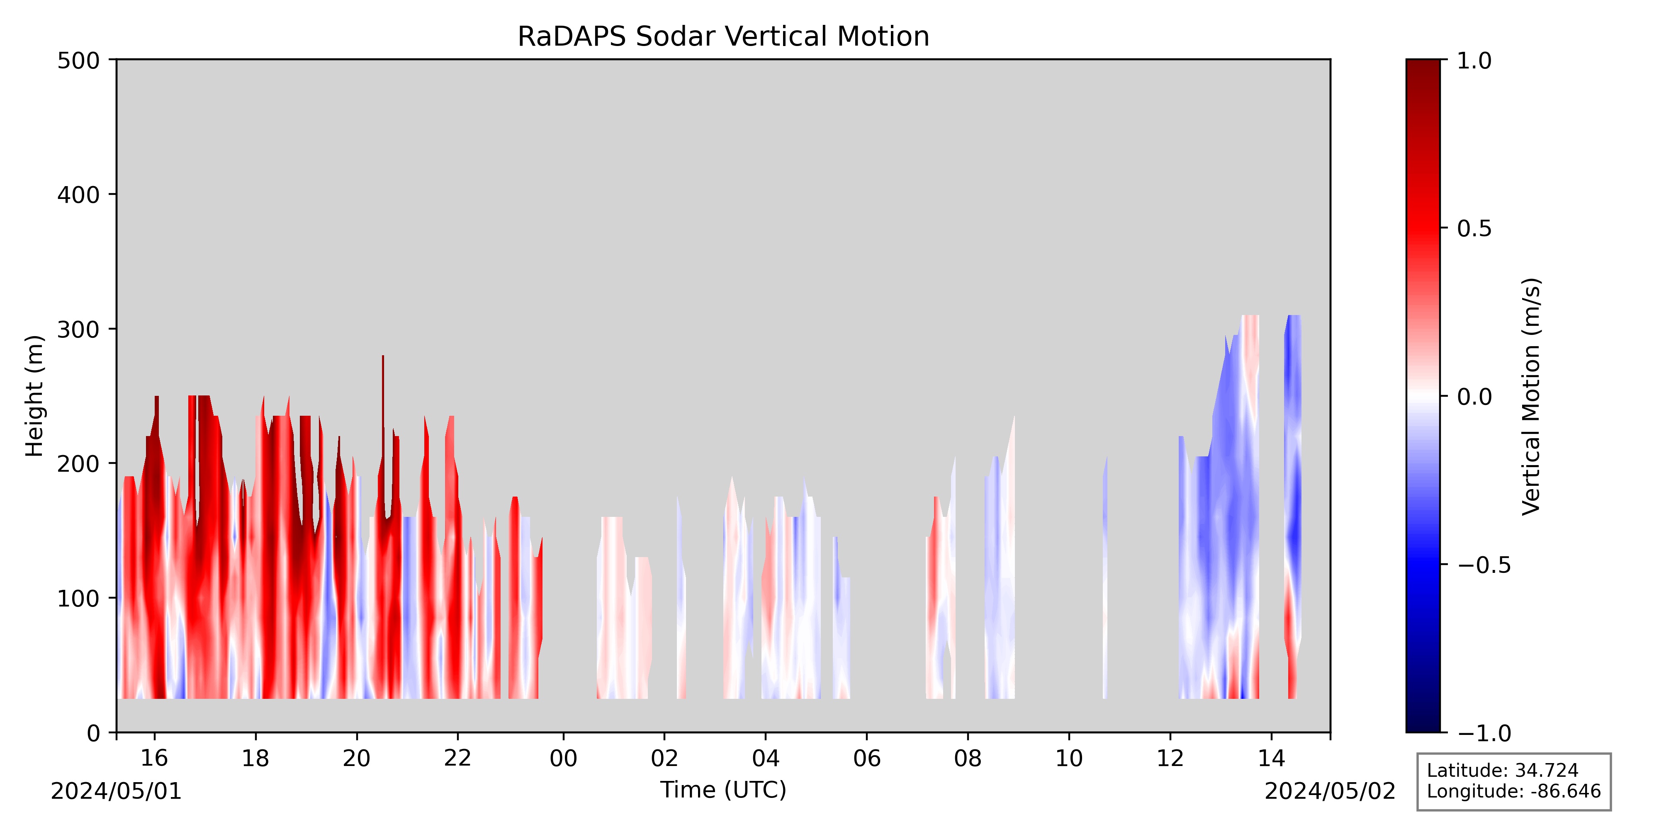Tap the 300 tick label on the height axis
[78, 330]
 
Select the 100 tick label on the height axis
[78, 599]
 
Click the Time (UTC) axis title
[723, 790]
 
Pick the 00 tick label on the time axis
[564, 758]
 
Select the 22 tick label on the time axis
[458, 758]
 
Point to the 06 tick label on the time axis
[867, 758]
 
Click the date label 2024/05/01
[117, 791]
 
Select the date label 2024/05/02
[1330, 791]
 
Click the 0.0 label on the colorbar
[1474, 397]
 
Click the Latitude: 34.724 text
[1503, 771]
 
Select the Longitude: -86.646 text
[1513, 791]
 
